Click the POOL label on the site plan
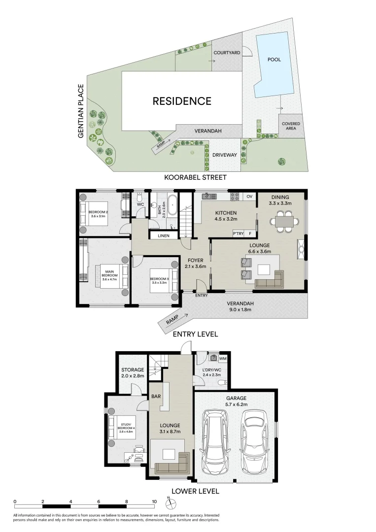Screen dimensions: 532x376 274,60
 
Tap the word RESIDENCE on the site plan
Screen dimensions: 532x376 182,101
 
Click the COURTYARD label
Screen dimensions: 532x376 226,53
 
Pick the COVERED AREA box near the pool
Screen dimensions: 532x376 291,127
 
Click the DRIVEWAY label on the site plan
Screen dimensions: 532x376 225,155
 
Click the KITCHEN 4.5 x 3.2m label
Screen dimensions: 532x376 226,216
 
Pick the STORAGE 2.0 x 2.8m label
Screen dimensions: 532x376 133,373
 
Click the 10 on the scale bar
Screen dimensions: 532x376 155,501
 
